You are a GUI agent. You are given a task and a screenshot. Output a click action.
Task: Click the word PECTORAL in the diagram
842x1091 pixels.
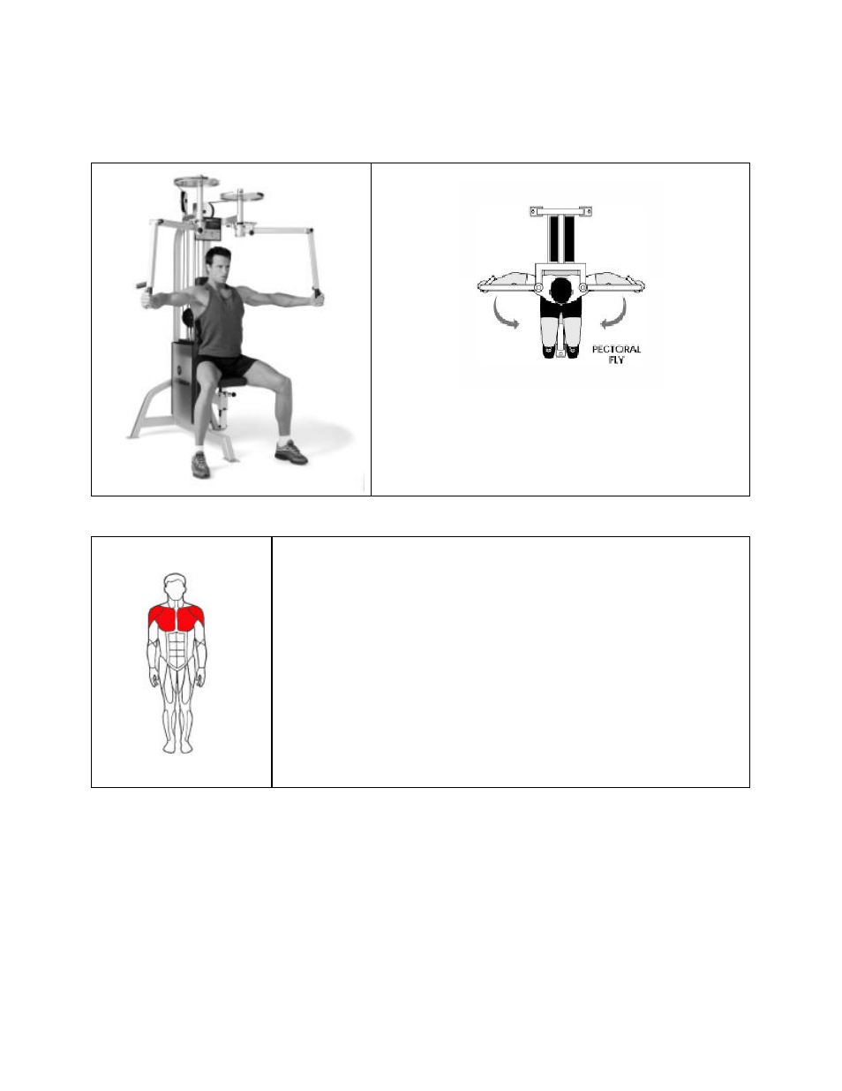click(616, 350)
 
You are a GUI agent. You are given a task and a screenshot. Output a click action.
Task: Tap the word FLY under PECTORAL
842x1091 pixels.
click(616, 360)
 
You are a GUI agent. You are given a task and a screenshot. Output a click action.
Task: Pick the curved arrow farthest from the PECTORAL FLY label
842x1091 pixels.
click(504, 314)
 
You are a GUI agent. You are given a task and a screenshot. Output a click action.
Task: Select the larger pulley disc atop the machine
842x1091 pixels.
click(196, 182)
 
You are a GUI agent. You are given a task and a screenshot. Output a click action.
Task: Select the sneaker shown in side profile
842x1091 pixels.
click(290, 452)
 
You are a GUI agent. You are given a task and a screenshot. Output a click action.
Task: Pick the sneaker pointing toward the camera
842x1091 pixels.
click(201, 464)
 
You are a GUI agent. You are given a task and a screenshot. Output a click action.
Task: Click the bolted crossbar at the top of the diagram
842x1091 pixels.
click(560, 211)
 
